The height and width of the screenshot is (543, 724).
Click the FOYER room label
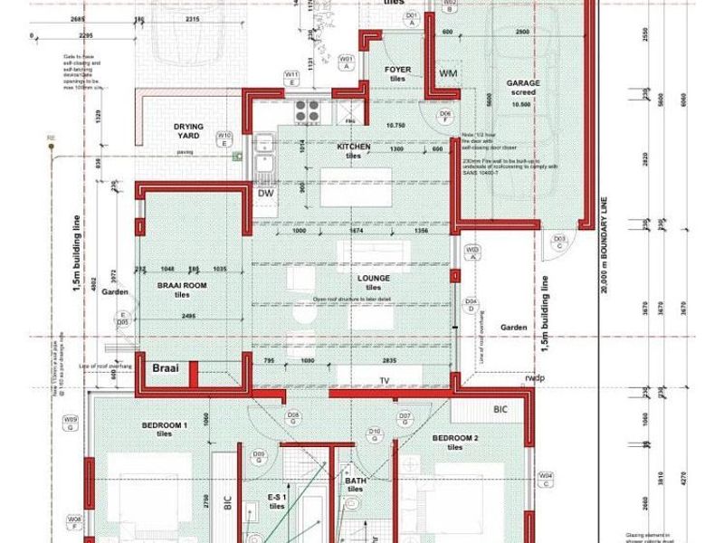398,69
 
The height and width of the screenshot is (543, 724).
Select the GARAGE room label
523,83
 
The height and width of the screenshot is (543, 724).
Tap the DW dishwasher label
265,193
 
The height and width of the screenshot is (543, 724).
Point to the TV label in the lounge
386,380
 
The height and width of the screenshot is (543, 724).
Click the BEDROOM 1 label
164,425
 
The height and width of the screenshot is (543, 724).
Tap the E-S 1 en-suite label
278,498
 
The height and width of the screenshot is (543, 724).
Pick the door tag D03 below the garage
560,241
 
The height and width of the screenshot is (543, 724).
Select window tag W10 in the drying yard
225,138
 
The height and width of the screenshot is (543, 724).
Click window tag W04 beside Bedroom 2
546,477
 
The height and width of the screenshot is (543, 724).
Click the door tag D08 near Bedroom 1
293,418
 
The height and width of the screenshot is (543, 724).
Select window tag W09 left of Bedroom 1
70,423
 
